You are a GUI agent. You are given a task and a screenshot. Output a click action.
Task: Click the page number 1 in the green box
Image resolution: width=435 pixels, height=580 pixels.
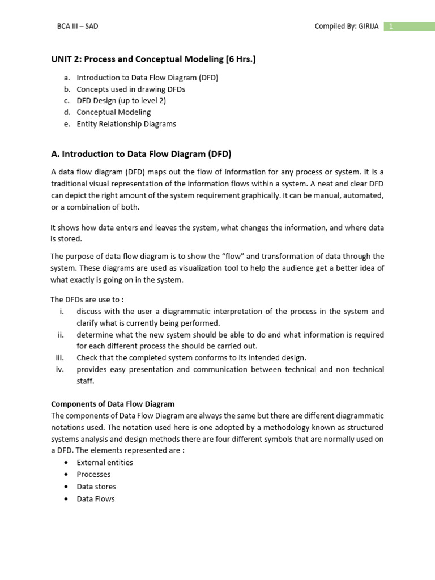390,26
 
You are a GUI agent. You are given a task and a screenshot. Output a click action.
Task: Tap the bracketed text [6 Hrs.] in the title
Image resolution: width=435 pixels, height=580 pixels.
241,59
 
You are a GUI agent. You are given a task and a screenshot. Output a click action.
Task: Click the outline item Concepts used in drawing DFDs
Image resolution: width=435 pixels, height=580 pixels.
131,89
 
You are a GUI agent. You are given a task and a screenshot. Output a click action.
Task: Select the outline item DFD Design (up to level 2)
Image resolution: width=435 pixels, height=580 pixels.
121,100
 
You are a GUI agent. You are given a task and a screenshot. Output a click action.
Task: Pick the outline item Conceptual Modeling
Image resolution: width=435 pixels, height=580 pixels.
114,112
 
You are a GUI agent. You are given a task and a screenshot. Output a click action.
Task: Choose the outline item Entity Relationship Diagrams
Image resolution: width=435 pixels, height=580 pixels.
126,123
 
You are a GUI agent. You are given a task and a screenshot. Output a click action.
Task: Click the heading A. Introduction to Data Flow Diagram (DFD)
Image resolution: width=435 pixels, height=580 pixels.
141,153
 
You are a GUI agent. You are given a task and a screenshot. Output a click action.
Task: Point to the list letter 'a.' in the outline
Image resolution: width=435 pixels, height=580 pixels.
67,78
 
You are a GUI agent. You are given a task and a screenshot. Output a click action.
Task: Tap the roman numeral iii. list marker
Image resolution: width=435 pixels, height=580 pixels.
61,357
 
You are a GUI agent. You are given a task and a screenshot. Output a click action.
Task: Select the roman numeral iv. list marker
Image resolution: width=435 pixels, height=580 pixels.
61,369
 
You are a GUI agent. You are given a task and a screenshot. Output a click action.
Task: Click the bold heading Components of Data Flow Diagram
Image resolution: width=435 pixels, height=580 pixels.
113,404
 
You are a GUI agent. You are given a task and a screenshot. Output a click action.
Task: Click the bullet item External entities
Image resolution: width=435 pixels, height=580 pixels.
105,462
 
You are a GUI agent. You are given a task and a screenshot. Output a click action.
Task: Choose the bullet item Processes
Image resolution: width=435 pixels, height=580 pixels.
93,474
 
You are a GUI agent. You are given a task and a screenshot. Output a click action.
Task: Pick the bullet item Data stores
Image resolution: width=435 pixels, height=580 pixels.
96,487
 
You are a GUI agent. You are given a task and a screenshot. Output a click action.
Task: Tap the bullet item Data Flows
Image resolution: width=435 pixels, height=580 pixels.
96,499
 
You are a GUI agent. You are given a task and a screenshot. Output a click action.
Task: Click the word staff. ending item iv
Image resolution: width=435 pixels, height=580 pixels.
86,381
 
